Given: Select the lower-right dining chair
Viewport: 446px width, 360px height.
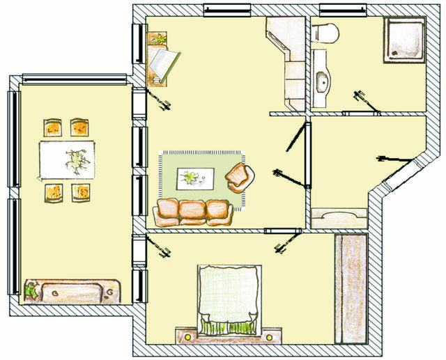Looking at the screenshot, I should pyautogui.click(x=82, y=191).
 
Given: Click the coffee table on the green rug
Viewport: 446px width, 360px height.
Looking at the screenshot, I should pyautogui.click(x=194, y=178).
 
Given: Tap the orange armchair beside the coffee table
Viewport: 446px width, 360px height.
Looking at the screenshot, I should pyautogui.click(x=240, y=178).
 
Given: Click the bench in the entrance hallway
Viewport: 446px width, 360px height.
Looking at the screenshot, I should pyautogui.click(x=339, y=219).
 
